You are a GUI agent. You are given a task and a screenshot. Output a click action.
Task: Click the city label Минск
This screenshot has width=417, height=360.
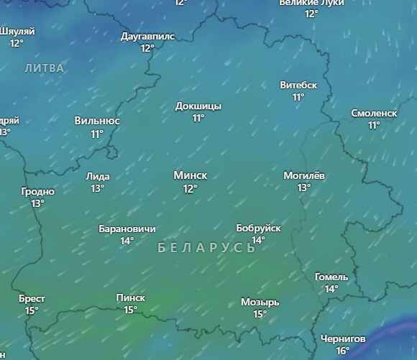[x=190, y=175]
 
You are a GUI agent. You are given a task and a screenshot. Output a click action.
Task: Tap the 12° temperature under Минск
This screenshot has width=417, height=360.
[x=190, y=188]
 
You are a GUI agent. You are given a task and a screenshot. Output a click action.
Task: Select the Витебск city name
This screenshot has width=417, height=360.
[x=298, y=85]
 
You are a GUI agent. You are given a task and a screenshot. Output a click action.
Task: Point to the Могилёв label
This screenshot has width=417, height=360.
[x=304, y=175]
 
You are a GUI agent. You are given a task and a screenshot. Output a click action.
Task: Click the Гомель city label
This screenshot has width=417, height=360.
[x=331, y=277]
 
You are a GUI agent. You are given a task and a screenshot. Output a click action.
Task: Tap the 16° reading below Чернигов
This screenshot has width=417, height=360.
[x=343, y=351]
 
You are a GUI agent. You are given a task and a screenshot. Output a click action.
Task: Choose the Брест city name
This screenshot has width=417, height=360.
[x=32, y=298]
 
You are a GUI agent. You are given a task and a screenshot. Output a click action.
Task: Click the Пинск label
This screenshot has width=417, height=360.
[x=130, y=297]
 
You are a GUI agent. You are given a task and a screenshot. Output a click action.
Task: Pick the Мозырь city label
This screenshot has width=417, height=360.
[x=260, y=302]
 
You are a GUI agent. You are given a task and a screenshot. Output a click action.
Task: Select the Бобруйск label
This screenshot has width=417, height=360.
[x=258, y=228]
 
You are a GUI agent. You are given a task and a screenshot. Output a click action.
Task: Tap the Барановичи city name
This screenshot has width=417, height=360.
[x=127, y=229]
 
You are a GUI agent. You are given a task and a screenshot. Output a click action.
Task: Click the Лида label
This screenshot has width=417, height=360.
[x=98, y=176]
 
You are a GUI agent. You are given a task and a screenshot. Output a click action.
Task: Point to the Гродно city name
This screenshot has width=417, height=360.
[x=37, y=192]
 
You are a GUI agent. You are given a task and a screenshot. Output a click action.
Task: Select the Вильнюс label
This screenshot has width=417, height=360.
[x=97, y=121]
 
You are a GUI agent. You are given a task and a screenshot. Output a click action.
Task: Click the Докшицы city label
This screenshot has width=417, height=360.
[x=198, y=106]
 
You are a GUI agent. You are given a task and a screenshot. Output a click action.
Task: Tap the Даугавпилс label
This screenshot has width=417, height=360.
[x=147, y=36]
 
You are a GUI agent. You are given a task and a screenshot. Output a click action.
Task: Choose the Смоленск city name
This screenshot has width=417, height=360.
[x=374, y=113]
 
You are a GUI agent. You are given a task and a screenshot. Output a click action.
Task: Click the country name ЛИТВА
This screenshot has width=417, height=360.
[x=44, y=68]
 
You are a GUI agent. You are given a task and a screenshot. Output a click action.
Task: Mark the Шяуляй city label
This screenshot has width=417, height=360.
[x=17, y=31]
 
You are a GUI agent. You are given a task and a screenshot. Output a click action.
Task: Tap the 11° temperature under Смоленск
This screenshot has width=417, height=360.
[x=374, y=125]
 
